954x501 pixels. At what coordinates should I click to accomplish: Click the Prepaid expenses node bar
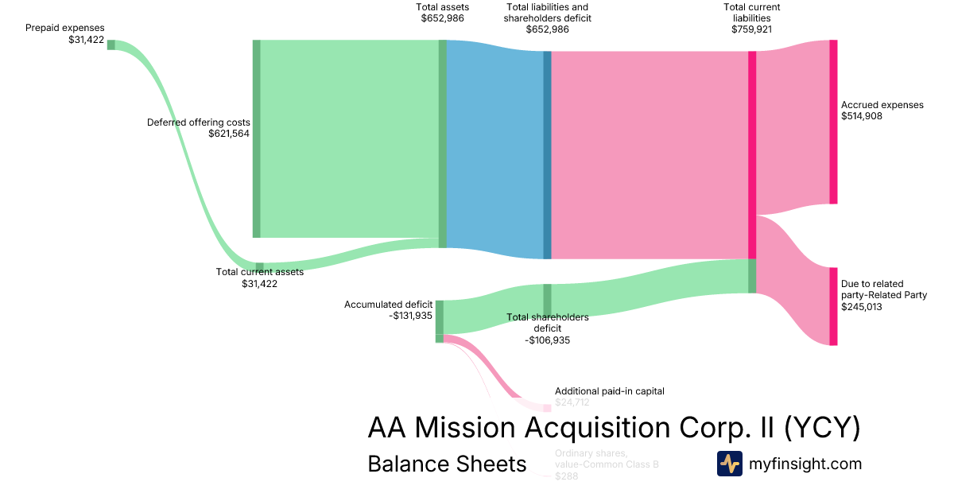(x=111, y=45)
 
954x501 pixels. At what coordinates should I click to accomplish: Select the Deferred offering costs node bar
(x=256, y=138)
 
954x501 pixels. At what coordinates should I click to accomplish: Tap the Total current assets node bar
(x=259, y=267)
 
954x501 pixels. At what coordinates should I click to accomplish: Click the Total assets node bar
(x=443, y=143)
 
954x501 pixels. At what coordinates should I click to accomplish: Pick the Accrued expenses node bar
(x=833, y=122)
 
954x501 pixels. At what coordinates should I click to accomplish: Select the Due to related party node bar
(x=833, y=306)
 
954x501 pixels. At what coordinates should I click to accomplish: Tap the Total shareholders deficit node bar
(x=547, y=301)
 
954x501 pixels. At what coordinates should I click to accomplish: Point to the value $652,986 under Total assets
(x=443, y=18)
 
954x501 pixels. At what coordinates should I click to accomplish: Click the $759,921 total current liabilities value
(x=751, y=29)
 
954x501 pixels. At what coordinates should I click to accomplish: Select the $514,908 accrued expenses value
(x=862, y=116)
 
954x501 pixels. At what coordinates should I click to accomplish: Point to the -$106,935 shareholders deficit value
(x=547, y=340)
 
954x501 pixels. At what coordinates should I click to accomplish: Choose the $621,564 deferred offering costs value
(x=229, y=134)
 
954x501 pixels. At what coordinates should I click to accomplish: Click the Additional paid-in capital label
(x=609, y=391)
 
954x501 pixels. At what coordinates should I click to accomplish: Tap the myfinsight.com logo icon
(x=729, y=464)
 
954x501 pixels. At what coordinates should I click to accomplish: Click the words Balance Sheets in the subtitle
(x=447, y=464)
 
